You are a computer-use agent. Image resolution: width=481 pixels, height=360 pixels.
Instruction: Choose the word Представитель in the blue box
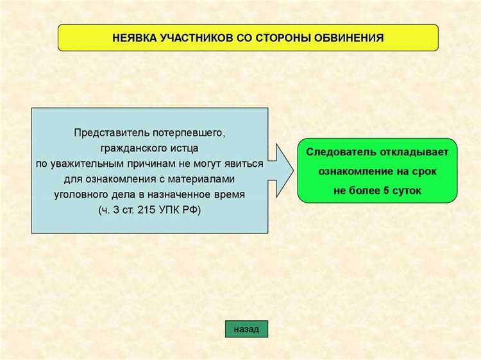coord(112,133)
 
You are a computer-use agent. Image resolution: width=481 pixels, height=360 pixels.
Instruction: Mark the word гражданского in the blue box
coord(131,148)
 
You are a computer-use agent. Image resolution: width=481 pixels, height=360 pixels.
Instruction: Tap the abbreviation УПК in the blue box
coord(170,210)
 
